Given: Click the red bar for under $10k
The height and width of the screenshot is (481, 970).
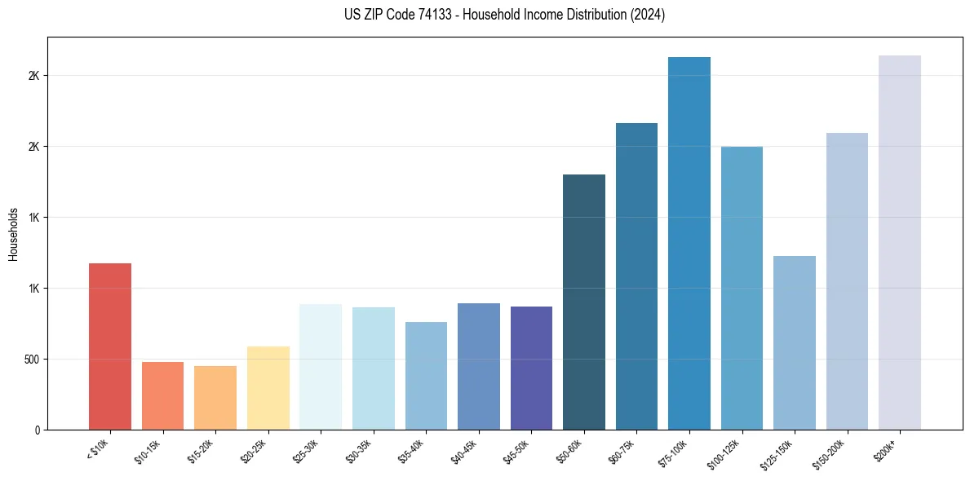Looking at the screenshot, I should click(x=110, y=346).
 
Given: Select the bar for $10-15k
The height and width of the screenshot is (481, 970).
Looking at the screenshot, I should click(x=162, y=396).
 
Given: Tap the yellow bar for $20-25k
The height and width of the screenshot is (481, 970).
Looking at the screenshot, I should click(x=268, y=388).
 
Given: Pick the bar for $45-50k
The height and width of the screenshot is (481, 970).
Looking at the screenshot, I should click(x=531, y=368).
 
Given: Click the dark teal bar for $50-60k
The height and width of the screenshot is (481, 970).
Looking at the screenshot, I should click(x=584, y=302).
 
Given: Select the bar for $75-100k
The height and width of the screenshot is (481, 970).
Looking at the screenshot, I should click(x=689, y=243).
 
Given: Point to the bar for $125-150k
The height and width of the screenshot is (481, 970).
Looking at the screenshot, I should click(x=795, y=342).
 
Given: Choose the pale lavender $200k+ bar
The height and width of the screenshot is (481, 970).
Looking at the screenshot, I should click(x=900, y=242).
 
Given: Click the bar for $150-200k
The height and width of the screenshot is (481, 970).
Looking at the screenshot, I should click(x=847, y=281).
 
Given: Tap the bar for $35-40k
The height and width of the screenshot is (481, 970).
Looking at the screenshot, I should click(x=426, y=376).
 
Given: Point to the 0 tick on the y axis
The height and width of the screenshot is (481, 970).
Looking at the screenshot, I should click(x=38, y=430).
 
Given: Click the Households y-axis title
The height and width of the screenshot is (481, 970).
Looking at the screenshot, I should click(x=14, y=233).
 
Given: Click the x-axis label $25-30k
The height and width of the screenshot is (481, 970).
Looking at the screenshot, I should click(x=306, y=452).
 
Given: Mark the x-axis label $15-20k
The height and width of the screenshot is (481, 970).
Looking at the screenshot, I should click(x=201, y=452).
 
